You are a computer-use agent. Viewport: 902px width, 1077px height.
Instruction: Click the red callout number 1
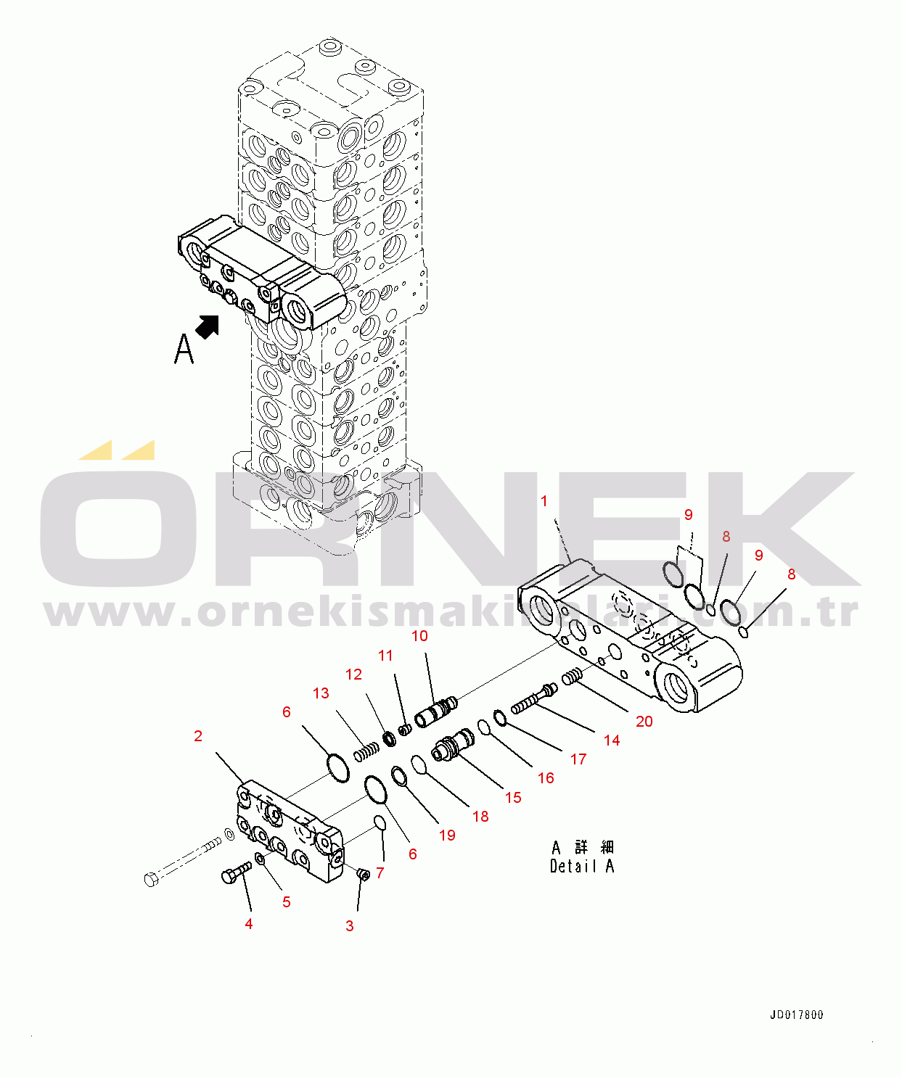[x=544, y=501]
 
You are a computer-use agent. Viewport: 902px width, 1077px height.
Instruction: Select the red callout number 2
[x=198, y=736]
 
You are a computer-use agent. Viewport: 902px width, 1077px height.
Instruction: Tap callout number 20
[x=644, y=722]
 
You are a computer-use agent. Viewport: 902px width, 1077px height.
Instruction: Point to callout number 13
[x=321, y=693]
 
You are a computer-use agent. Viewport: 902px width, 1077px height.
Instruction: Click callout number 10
[x=419, y=636]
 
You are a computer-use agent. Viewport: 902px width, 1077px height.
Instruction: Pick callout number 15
[x=513, y=798]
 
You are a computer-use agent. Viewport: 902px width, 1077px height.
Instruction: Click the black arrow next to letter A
[x=208, y=327]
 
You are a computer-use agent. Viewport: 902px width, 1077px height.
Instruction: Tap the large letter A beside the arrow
[x=184, y=349]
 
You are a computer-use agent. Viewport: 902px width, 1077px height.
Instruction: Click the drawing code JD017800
[x=796, y=1015]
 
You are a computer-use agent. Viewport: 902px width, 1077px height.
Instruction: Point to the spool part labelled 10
[x=437, y=711]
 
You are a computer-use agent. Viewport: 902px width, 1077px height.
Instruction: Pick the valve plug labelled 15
[x=453, y=746]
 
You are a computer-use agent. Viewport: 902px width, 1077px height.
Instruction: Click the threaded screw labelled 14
[x=535, y=699]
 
